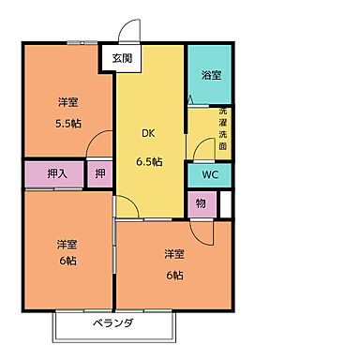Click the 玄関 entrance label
(x=122, y=58)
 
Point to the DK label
(x=148, y=133)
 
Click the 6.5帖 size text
(x=148, y=160)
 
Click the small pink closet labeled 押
(x=100, y=173)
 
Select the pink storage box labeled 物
(x=201, y=202)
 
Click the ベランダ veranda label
(x=113, y=323)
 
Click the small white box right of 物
(x=225, y=203)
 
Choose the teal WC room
(x=209, y=174)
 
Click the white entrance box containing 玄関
(x=122, y=58)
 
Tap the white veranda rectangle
(x=113, y=325)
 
